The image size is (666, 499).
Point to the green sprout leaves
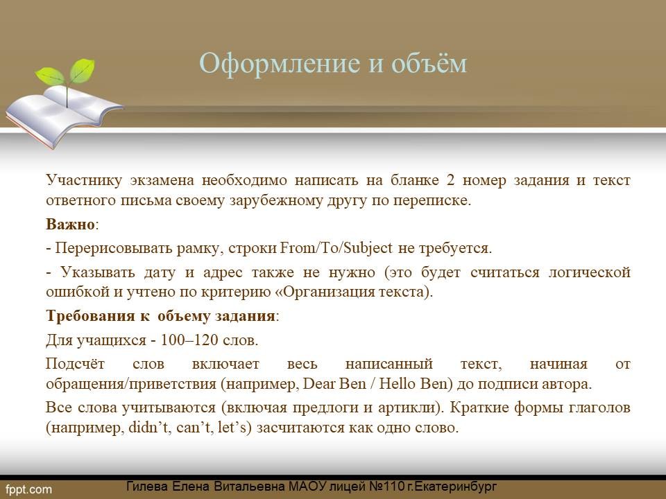pos(65,72)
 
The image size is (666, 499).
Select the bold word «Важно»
pos(70,224)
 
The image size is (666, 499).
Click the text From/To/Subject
pos(336,248)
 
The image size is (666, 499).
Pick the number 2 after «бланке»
pos(451,180)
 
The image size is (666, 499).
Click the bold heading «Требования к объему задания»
pos(160,317)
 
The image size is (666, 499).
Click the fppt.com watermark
pos(29,490)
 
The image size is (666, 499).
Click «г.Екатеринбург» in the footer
pos(452,487)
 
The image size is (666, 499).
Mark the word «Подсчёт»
pos(75,364)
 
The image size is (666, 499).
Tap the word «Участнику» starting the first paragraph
pos(84,181)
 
